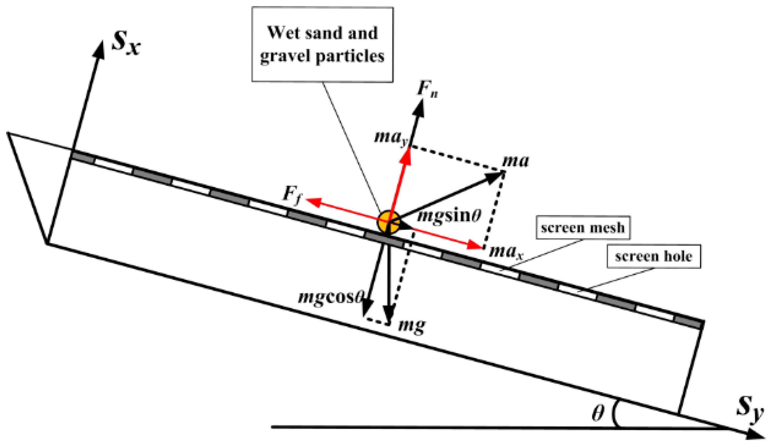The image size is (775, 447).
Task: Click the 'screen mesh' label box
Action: (x=583, y=228)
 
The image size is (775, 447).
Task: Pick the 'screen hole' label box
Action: (x=654, y=256)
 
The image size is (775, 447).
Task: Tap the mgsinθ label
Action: (x=449, y=216)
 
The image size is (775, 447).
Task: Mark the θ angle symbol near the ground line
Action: (x=598, y=413)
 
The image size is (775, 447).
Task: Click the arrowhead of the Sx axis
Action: (x=99, y=49)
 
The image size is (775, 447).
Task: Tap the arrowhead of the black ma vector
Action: (x=495, y=176)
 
